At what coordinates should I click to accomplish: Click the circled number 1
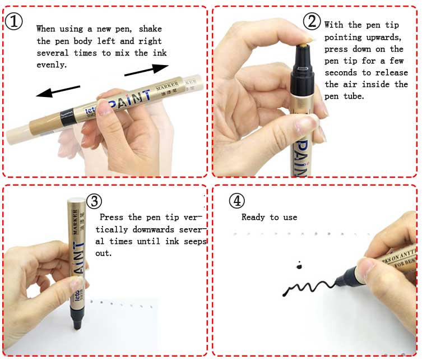13,21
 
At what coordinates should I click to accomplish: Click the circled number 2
312,21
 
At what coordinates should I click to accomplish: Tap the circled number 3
94,201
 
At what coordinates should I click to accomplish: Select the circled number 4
237,201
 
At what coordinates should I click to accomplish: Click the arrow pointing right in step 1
146,70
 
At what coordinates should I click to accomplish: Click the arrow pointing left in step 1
58,91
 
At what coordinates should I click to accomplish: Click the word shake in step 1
150,29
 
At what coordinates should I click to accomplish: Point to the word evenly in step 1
52,65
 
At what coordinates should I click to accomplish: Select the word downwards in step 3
154,229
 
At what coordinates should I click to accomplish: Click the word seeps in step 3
195,242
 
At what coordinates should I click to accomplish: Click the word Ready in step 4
253,217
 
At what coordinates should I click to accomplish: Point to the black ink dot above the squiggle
299,266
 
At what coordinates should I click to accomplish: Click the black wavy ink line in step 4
309,288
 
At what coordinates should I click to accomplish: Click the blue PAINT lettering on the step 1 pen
129,100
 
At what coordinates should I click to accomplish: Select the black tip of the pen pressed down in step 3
77,320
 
